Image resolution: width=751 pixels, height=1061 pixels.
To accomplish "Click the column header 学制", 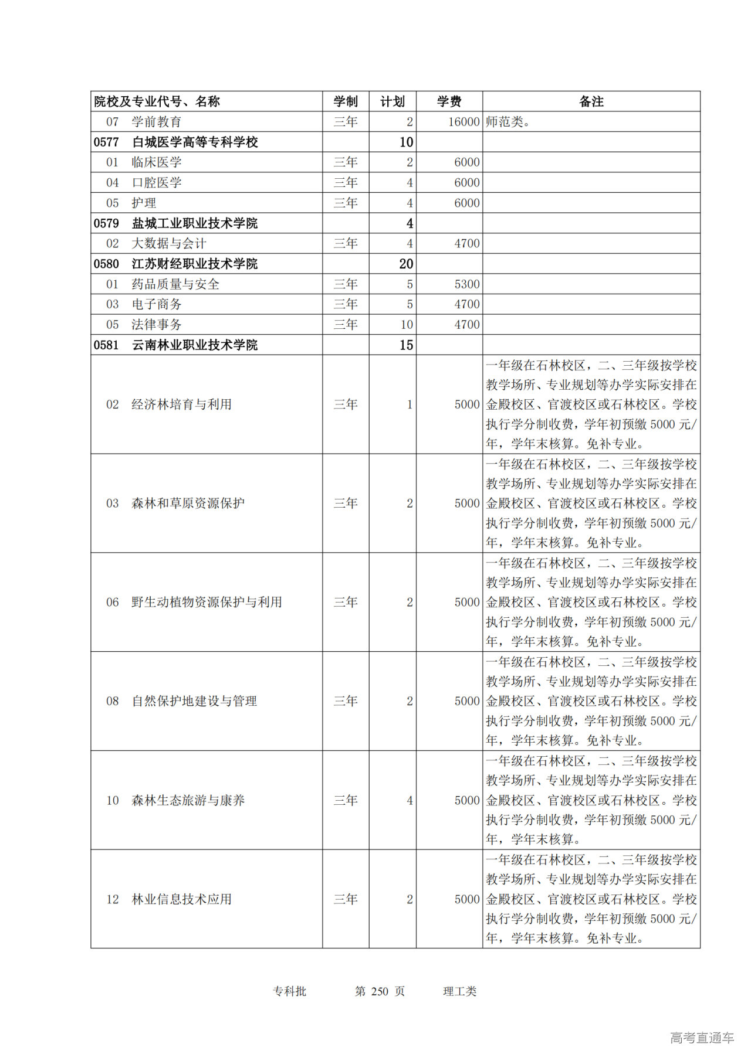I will click(x=346, y=101).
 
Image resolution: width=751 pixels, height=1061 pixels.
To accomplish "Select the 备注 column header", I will click(x=591, y=101).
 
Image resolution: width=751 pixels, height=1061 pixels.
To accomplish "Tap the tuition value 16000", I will click(x=464, y=122).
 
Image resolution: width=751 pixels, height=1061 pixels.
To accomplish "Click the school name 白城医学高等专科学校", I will click(x=195, y=142).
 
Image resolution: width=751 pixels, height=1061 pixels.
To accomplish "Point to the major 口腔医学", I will click(x=157, y=183).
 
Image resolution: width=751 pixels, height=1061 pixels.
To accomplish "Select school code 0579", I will click(x=106, y=223).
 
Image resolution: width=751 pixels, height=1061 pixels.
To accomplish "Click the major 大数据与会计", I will click(x=169, y=243).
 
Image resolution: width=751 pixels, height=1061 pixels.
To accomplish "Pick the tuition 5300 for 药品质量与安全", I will click(x=467, y=284).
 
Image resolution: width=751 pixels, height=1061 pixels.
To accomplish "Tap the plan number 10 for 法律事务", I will click(x=407, y=325).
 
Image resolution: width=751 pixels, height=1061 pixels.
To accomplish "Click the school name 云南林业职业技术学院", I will click(x=195, y=345).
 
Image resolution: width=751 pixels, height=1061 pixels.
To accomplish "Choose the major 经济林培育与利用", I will click(x=181, y=404).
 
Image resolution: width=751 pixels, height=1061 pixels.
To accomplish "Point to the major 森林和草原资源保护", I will click(x=188, y=503).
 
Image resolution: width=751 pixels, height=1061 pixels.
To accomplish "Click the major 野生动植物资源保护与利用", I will click(x=207, y=602).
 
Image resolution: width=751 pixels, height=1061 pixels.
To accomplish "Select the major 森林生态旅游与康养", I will click(x=188, y=800).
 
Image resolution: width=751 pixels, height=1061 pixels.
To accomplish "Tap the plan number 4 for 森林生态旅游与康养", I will click(x=410, y=800).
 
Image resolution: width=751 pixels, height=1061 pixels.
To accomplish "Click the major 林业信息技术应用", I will click(x=181, y=899).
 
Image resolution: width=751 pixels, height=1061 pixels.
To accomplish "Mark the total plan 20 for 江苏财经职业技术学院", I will click(x=406, y=264).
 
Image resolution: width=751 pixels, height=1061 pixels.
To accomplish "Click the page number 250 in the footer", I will click(x=380, y=991).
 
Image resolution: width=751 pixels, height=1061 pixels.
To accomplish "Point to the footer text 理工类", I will click(x=459, y=991).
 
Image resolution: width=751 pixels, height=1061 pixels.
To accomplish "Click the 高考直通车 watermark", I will click(x=702, y=1038).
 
